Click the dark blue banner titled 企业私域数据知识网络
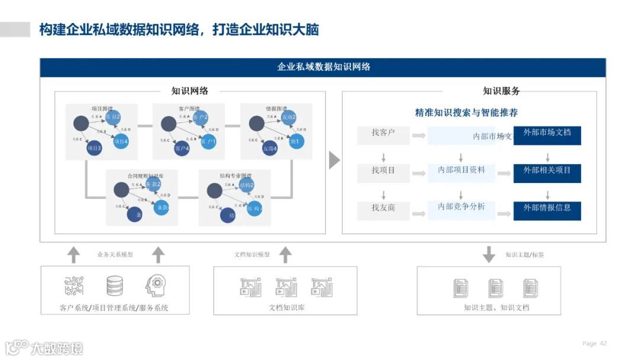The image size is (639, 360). coord(323,67)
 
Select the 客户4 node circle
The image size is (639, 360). coord(182,149)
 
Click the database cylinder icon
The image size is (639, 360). coord(115,286)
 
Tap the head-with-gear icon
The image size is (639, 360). coord(156,285)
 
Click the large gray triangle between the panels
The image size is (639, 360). coord(334,160)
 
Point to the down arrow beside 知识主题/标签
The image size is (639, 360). coord(489,255)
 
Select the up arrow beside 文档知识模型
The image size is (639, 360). coord(285,255)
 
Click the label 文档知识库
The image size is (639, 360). coord(286,307)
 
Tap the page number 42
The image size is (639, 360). coord(603,343)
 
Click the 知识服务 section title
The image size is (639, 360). coord(501,91)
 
